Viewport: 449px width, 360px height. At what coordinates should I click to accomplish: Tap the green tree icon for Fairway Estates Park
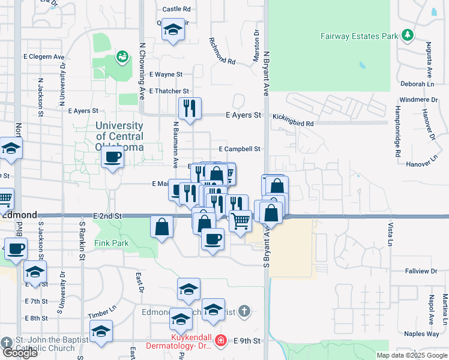[x=408, y=35]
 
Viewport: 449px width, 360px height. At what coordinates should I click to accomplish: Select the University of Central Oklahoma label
[x=119, y=137]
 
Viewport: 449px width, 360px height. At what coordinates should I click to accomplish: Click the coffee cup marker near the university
[x=112, y=158]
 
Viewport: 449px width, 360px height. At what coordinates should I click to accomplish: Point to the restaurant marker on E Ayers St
[x=190, y=109]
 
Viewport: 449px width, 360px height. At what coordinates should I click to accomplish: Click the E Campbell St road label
[x=240, y=149]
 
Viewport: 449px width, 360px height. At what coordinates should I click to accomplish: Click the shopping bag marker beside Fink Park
[x=162, y=227]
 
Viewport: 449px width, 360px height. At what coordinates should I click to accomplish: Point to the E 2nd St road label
[x=107, y=215]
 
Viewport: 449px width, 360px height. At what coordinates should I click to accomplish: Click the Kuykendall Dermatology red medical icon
[x=220, y=341]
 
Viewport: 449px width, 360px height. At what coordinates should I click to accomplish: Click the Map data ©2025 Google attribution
[x=411, y=355]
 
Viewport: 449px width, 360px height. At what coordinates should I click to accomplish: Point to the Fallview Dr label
[x=421, y=271]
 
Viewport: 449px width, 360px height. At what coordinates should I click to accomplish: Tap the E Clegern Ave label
[x=44, y=56]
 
